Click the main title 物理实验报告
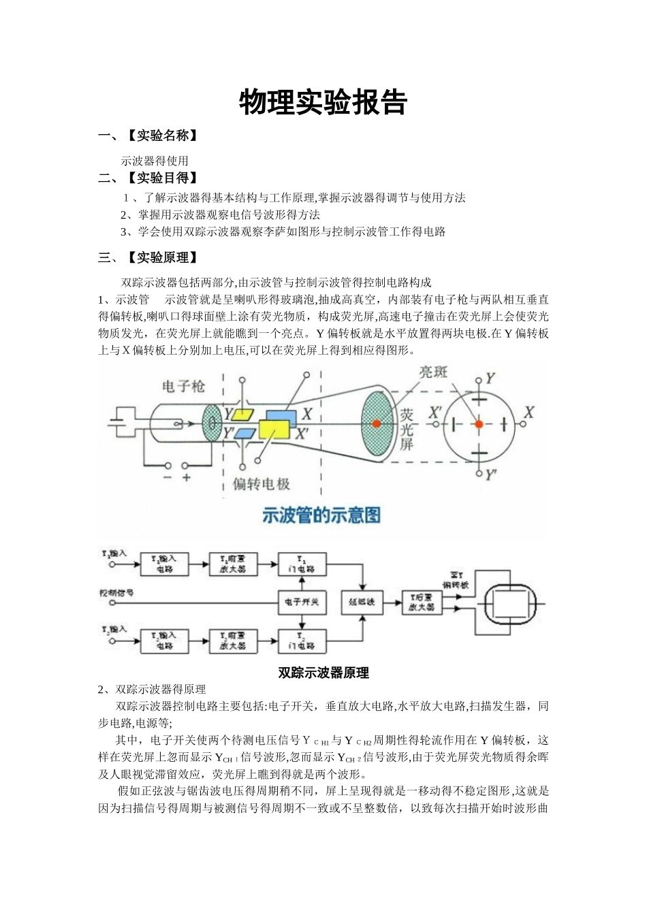pos(323,103)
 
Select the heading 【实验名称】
pos(162,135)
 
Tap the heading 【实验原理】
pos(162,257)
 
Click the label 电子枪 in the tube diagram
pos(183,387)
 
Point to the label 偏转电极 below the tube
pos(262,484)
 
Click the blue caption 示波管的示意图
pos(321,515)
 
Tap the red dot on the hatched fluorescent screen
pos(376,423)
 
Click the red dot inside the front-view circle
pos(479,423)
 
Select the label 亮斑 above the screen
pos(433,372)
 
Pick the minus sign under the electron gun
pos(168,478)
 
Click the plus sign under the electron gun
pos(186,478)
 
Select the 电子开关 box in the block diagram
pos(302,602)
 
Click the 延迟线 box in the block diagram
pos(362,602)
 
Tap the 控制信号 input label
pos(116,593)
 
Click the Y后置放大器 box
pos(422,602)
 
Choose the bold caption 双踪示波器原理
pos(323,673)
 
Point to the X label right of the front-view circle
pos(529,413)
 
